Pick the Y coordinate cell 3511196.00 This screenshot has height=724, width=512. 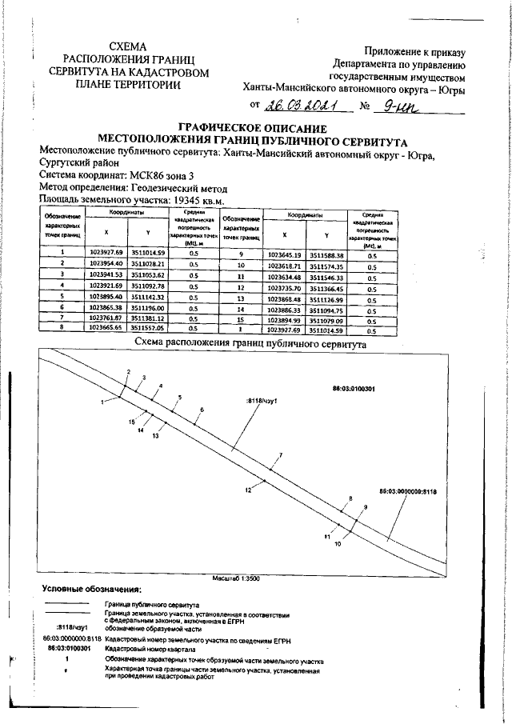pos(150,306)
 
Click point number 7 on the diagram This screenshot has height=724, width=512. pos(280,455)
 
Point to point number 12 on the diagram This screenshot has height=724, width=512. pos(249,489)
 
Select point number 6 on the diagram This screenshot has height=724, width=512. pos(202,410)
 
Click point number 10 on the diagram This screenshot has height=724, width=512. pos(338,543)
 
